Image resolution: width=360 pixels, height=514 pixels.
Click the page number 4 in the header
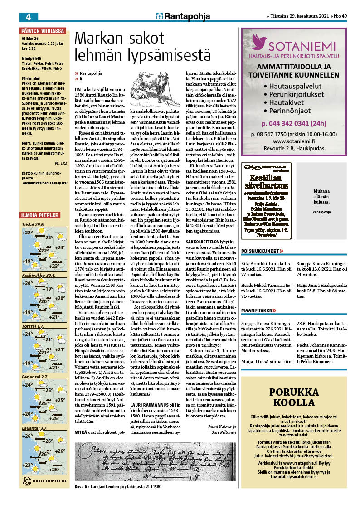28,17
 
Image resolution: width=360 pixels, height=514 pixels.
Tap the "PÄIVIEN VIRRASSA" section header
43,31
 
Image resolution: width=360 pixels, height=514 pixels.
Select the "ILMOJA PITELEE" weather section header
39,214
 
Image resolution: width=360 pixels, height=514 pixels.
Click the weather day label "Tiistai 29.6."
33,224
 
